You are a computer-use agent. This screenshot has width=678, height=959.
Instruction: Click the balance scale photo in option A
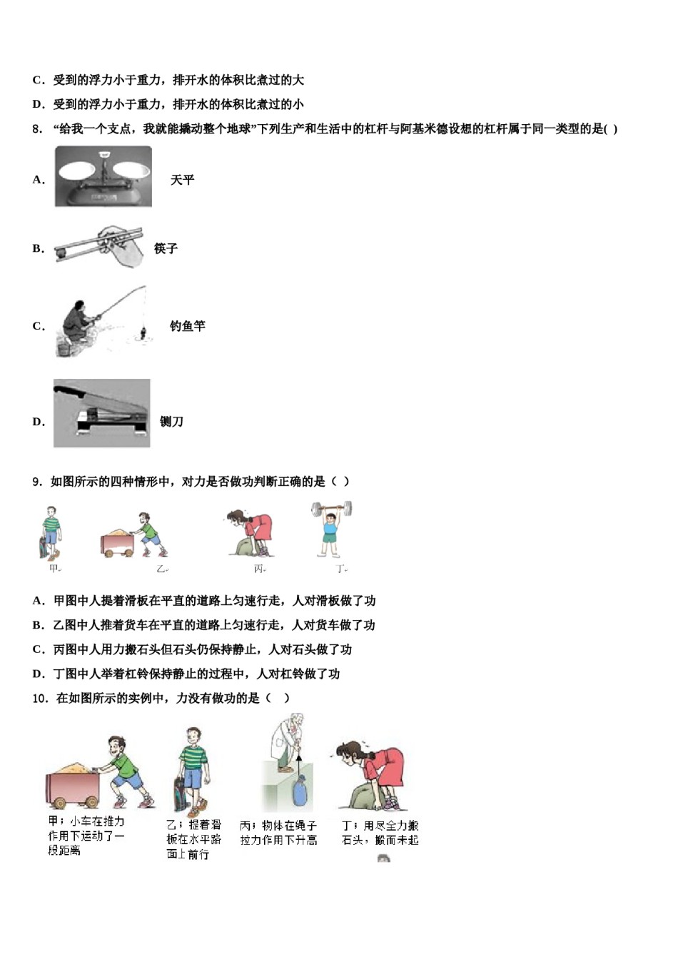click(x=103, y=176)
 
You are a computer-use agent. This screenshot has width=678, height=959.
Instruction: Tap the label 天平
click(x=182, y=180)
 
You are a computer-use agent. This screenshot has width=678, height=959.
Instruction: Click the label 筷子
click(x=166, y=248)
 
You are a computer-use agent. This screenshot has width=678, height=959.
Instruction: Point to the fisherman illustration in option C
click(x=100, y=323)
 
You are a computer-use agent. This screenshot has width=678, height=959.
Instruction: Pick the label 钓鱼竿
click(x=187, y=326)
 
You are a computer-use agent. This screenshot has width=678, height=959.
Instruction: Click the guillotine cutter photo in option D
click(x=102, y=413)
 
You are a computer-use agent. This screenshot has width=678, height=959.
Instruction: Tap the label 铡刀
click(x=171, y=422)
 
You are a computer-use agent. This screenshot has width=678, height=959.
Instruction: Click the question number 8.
click(x=37, y=129)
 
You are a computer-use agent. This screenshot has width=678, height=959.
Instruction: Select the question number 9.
click(x=37, y=482)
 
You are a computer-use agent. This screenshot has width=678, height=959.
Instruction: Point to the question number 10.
click(x=40, y=698)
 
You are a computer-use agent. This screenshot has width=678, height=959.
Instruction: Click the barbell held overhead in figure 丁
click(x=331, y=509)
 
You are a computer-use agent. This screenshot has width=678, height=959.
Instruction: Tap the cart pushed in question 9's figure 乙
click(x=117, y=542)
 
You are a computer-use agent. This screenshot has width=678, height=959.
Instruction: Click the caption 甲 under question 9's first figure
click(x=54, y=569)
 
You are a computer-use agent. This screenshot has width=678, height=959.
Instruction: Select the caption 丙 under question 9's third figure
click(x=259, y=569)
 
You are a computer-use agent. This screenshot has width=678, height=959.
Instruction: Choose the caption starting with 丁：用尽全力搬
click(x=380, y=833)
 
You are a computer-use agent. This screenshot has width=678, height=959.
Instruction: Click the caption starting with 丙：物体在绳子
click(x=278, y=833)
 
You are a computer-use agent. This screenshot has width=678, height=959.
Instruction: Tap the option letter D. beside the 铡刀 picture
click(x=39, y=422)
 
